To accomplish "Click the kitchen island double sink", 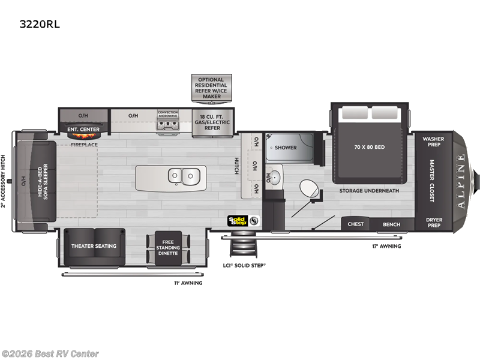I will (x=184, y=176).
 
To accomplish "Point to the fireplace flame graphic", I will (x=83, y=134).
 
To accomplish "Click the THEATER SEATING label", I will (x=94, y=246).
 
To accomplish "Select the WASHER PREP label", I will (x=433, y=142).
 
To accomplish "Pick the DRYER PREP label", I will (x=433, y=223).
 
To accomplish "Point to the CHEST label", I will (x=356, y=224).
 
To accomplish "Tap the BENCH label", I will (x=392, y=224).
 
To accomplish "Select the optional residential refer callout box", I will (x=212, y=88).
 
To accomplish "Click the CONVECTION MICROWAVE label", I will (x=168, y=114).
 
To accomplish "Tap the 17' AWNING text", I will (x=387, y=246).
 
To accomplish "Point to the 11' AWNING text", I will (x=188, y=283).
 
